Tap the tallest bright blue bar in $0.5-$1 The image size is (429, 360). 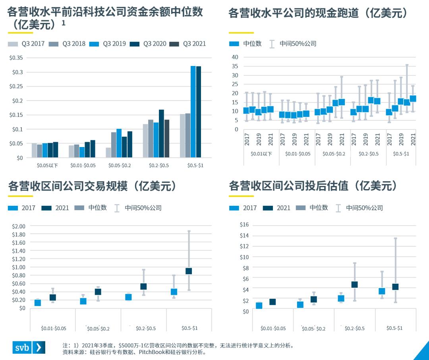tap(193, 112)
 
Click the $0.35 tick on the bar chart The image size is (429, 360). tap(16, 58)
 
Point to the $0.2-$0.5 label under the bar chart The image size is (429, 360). tap(159, 165)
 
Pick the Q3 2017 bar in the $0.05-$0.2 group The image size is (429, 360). tap(108, 153)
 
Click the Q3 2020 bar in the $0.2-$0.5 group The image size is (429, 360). tap(161, 134)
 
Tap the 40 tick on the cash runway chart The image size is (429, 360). tap(235, 57)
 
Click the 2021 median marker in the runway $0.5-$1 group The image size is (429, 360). tap(413, 99)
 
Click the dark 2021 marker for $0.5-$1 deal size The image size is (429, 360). tap(189, 271)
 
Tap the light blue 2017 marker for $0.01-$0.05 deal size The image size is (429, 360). tap(38, 303)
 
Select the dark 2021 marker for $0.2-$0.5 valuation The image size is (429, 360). tap(354, 285)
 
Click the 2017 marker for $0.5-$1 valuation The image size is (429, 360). tap(382, 291)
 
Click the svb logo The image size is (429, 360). tap(29, 347)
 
